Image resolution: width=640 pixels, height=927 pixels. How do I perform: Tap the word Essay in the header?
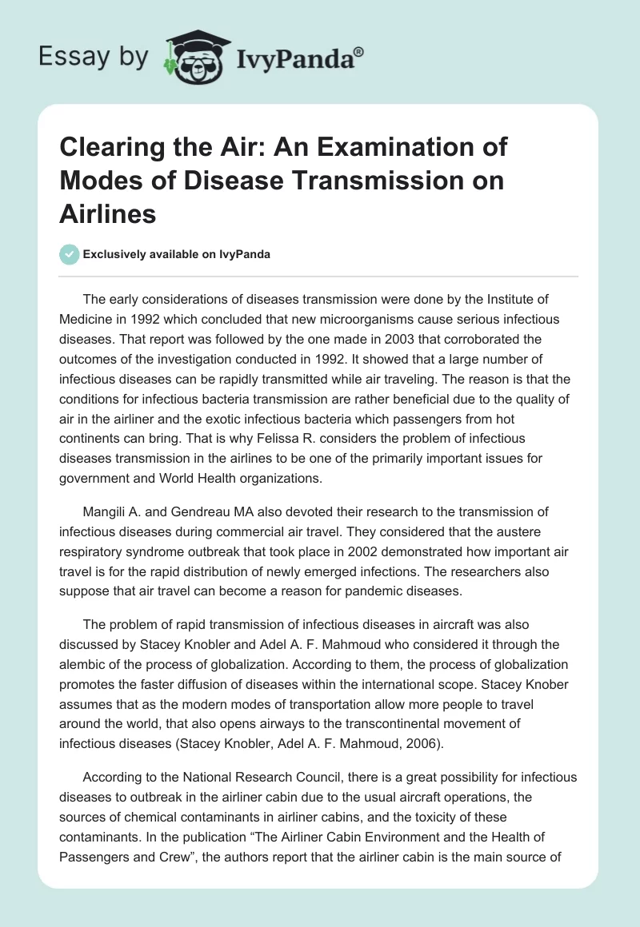66,57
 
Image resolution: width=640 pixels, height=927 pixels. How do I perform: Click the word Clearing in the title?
107,148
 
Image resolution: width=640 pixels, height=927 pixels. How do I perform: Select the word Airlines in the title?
107,215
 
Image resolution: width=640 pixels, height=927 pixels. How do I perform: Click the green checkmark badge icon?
69,254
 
